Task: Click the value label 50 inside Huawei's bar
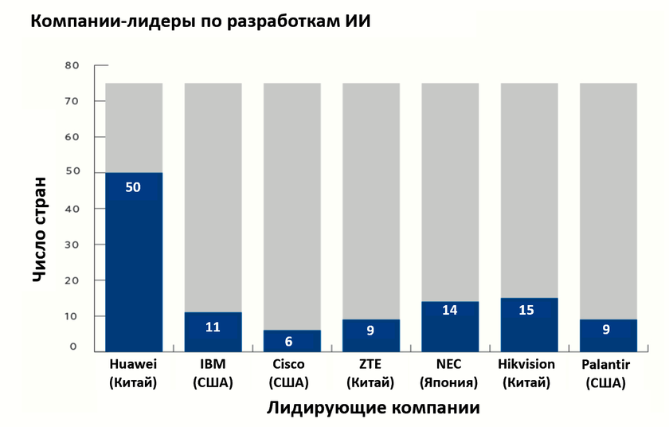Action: pos(134,187)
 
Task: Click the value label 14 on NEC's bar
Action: pos(450,311)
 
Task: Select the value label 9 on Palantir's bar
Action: pos(606,329)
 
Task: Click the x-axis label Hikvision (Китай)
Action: pos(526,373)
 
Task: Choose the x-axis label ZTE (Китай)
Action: pos(370,373)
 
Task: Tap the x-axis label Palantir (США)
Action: pos(608,373)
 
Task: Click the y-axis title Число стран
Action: pos(41,229)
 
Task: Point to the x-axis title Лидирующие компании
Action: pos(374,408)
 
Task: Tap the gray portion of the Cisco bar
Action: pos(291,199)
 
